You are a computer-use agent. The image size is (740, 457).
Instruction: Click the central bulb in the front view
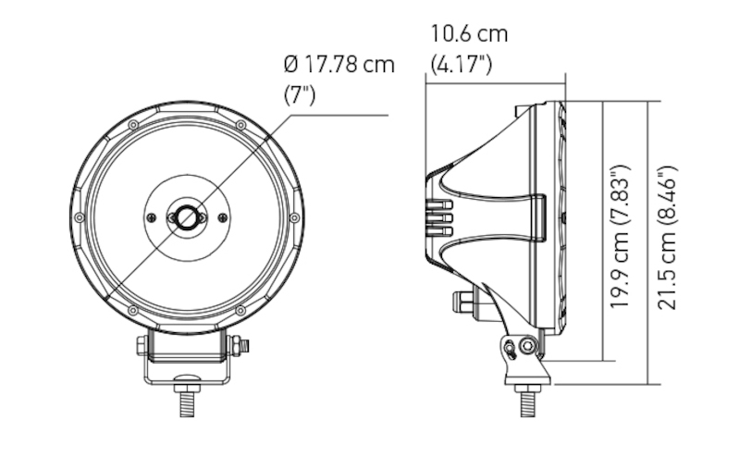tap(187, 217)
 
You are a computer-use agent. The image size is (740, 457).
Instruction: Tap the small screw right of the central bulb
tap(222, 217)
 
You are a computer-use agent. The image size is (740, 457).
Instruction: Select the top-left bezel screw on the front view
tap(133, 125)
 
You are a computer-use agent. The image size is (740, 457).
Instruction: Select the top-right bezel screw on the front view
tap(240, 125)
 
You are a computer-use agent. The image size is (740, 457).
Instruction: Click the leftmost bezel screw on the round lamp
tap(80, 217)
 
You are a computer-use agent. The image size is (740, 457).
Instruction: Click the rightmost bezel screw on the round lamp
tap(294, 217)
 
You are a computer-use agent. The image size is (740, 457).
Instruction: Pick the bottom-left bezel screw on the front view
tap(133, 310)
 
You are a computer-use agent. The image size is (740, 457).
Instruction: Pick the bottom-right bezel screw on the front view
tap(240, 310)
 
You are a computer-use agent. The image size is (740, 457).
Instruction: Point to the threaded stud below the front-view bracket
tap(187, 403)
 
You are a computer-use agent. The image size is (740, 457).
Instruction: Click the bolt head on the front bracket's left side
tap(142, 346)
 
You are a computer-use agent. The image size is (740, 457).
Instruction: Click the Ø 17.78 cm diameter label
tap(339, 65)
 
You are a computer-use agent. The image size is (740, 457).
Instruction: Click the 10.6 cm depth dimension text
tap(469, 34)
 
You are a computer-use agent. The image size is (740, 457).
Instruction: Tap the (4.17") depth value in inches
tap(462, 64)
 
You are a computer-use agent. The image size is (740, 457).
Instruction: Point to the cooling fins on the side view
tap(441, 218)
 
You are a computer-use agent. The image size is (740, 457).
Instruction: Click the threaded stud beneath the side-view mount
tap(526, 403)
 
